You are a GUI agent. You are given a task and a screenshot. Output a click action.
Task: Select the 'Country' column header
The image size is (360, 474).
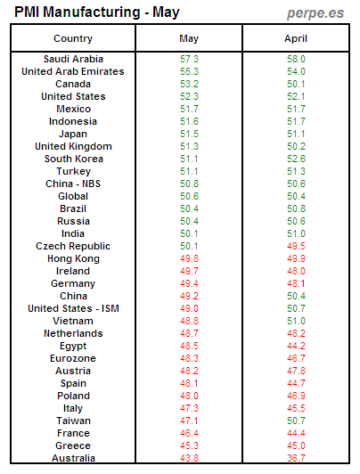pos(72,38)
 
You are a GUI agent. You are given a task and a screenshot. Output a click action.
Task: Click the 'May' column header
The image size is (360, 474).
pos(189,38)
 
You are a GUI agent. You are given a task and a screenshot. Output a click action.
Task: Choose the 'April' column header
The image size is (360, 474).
pos(295,38)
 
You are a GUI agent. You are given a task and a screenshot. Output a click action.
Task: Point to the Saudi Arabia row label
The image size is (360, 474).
pos(72,59)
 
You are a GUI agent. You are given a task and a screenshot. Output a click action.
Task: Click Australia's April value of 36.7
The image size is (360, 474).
pos(295,458)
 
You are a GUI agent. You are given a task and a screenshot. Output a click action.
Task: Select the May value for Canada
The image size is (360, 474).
pos(189,84)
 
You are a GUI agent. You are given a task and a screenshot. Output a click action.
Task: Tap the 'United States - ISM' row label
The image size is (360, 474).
pos(72,308)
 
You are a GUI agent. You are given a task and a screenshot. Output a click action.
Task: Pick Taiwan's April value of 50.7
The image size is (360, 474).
pos(295,421)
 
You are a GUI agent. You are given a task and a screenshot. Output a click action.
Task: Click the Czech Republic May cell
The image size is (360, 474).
pos(189,246)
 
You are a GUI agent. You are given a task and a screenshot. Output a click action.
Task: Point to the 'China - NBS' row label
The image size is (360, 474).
pos(72,184)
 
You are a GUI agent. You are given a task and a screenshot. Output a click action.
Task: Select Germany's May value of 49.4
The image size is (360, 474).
pos(189,283)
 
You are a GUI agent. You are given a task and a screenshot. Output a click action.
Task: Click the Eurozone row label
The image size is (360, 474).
pos(72,358)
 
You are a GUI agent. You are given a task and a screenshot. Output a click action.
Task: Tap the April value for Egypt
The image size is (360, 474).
pos(295,346)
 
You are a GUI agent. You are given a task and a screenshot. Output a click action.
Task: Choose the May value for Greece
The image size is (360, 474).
pos(189,445)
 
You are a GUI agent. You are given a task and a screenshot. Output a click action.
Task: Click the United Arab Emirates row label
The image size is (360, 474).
pos(72,71)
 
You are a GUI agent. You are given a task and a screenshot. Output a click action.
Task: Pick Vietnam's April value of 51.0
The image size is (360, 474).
pos(295,321)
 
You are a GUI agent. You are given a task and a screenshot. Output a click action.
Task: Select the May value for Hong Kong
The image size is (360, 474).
pos(189,258)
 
